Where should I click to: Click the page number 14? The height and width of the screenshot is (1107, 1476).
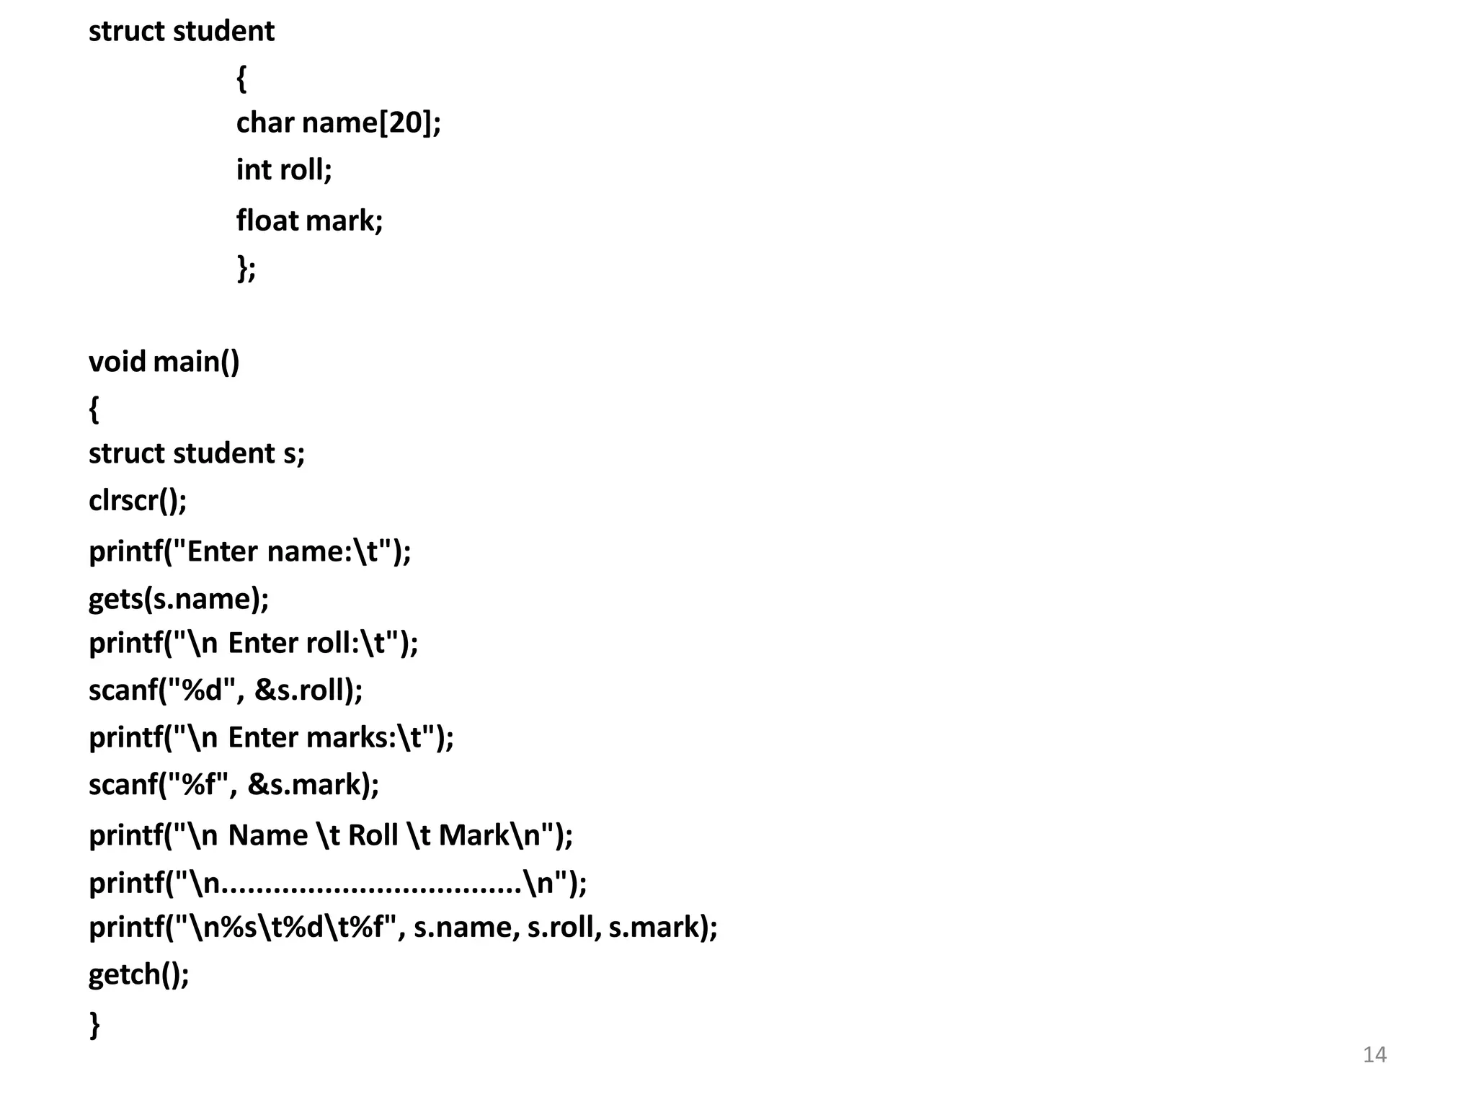pos(1374,1054)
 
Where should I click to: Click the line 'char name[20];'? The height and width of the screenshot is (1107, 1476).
pos(338,123)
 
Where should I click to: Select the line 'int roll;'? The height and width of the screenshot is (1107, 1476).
pos(284,170)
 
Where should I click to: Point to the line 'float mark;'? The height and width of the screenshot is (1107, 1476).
pos(309,221)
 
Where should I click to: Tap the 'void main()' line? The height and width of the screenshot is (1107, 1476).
pos(164,361)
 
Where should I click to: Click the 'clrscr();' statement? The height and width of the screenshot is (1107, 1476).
pos(138,500)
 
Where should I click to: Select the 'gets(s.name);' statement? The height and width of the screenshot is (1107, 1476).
pos(179,599)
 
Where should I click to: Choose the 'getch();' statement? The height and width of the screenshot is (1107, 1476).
pos(138,974)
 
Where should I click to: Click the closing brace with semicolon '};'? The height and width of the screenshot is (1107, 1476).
pos(246,268)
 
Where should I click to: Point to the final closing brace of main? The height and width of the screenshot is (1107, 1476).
pos(94,1023)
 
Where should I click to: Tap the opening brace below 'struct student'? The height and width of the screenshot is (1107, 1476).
pos(241,78)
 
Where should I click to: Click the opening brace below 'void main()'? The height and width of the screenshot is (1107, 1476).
pos(94,409)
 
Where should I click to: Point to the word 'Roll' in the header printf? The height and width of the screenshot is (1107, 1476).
pos(373,835)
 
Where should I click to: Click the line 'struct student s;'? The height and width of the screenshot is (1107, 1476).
pos(197,453)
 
